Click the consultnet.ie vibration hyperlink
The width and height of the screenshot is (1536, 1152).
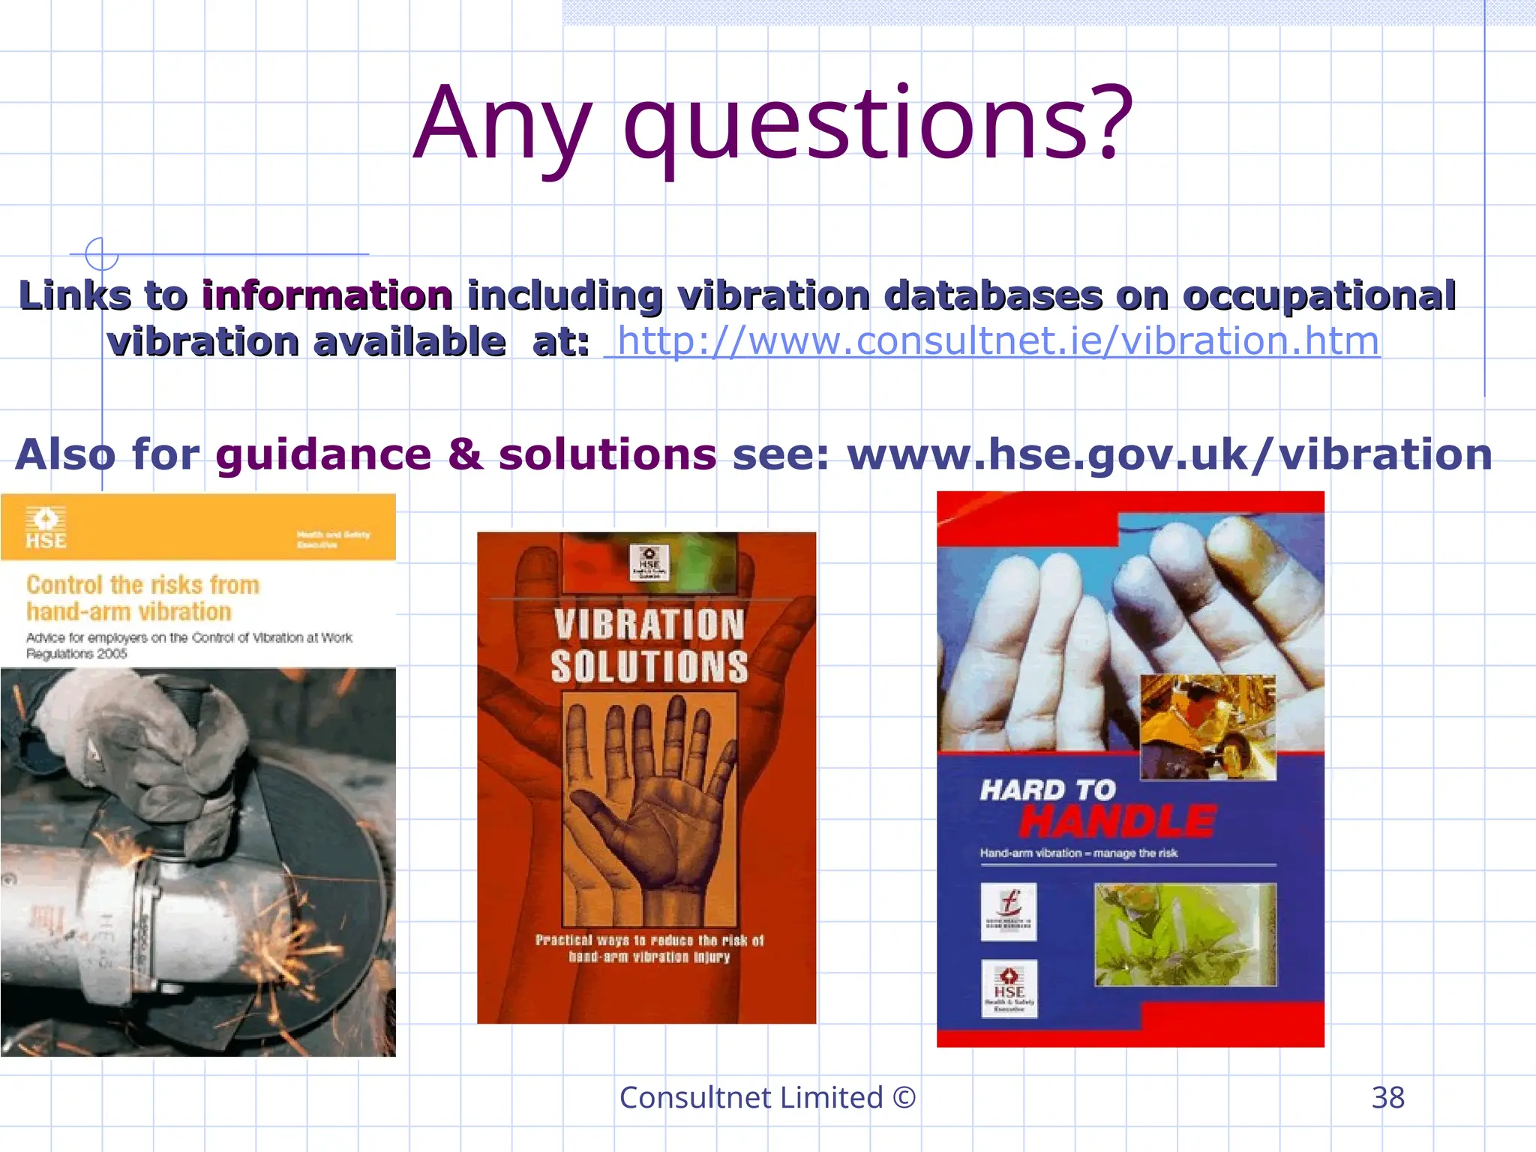tap(997, 342)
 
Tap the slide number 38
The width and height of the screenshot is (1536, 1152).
tap(1387, 1097)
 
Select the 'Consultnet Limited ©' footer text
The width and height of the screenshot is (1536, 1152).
tap(767, 1097)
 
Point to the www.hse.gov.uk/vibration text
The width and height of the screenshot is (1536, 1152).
tap(1170, 454)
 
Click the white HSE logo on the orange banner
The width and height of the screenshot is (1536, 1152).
tap(46, 527)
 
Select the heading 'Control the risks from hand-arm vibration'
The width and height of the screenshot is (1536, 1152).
tap(142, 598)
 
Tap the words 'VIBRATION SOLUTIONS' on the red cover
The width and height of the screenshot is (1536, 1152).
tap(649, 646)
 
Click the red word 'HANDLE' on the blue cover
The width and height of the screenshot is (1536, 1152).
tap(1117, 820)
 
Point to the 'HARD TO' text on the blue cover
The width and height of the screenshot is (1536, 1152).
tap(1048, 790)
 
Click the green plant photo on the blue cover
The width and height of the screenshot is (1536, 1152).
tap(1185, 934)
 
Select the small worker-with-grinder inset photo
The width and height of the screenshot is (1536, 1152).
tap(1207, 727)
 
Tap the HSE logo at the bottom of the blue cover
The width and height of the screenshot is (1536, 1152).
tap(1009, 988)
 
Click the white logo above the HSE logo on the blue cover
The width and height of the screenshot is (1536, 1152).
tap(1009, 911)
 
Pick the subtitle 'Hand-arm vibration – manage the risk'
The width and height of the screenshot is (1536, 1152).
tap(1078, 853)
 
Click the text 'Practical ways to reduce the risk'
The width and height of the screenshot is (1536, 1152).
tap(649, 940)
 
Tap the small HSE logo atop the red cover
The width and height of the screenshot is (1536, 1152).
tap(649, 562)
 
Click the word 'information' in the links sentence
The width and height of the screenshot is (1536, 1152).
tap(327, 295)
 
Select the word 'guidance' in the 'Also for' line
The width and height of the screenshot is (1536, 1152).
tap(323, 454)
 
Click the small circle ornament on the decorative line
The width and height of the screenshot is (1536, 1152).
tap(101, 253)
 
